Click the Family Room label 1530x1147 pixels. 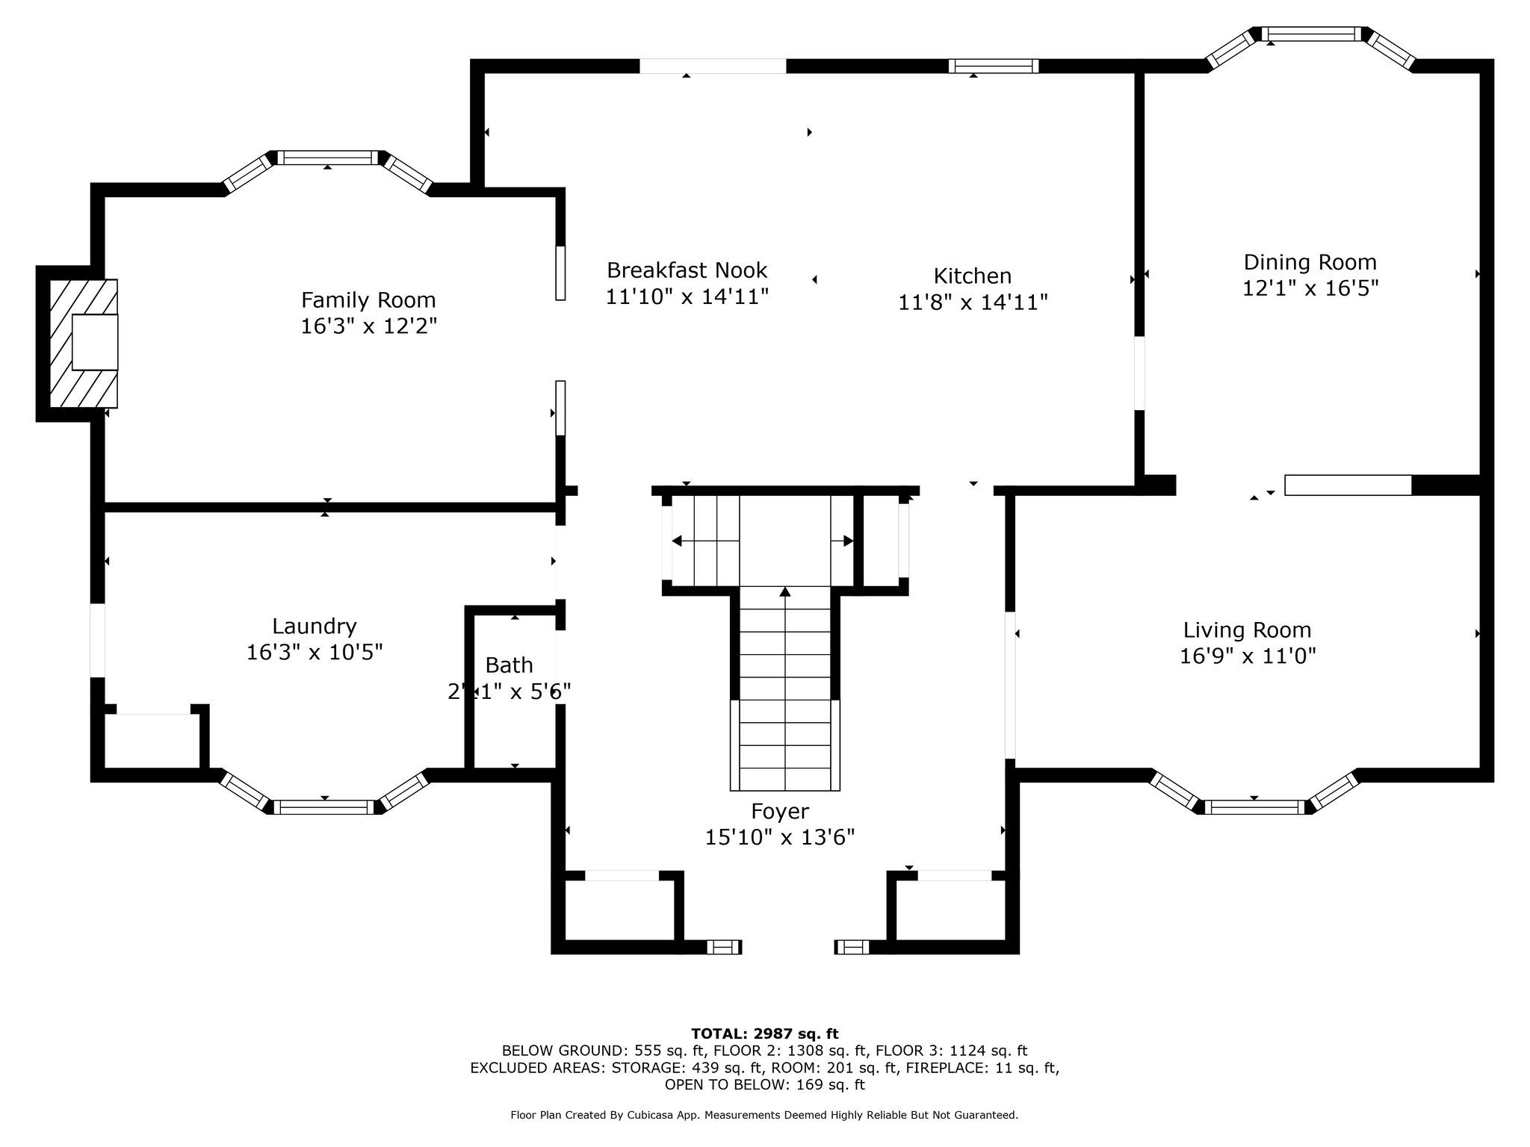(368, 300)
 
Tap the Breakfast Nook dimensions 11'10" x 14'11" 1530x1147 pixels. (687, 297)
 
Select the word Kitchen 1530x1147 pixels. (973, 276)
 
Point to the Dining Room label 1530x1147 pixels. (1310, 263)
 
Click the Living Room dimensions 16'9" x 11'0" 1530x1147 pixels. (1248, 656)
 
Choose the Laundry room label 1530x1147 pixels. (315, 627)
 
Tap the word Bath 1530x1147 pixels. (510, 665)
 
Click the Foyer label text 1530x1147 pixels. (780, 812)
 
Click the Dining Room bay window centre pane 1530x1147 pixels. (1312, 34)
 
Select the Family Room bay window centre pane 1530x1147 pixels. (328, 158)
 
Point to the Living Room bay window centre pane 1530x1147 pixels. (1254, 807)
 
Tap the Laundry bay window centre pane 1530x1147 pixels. (324, 807)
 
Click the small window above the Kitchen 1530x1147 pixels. (994, 66)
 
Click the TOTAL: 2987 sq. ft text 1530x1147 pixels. (765, 1034)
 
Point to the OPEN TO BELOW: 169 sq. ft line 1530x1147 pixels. (765, 1084)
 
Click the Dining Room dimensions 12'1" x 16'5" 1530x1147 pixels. (1310, 288)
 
